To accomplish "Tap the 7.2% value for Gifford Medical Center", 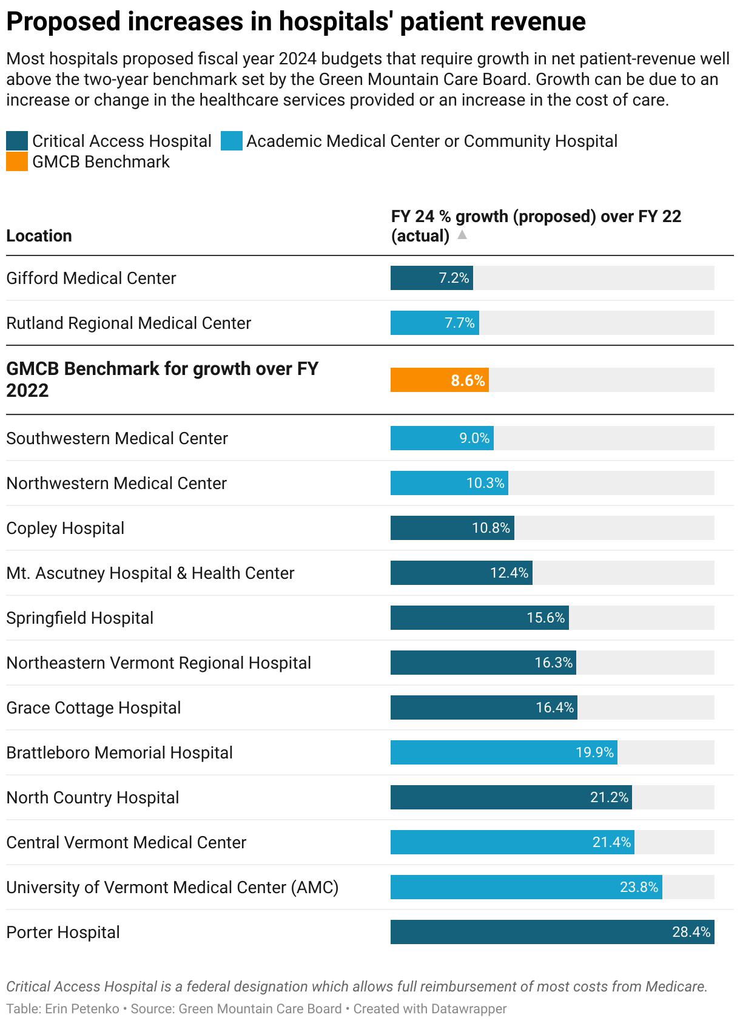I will pos(454,278).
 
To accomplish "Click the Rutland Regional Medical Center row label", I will pos(129,323).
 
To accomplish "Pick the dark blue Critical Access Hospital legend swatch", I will pos(17,141).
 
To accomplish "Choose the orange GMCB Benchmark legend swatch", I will pos(17,162).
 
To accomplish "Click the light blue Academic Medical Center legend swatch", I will pos(232,141).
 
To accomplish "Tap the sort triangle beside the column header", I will pos(462,235).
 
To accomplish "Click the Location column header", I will pos(39,236).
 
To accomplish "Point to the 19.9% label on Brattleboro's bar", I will pos(594,752).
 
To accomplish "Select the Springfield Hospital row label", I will pos(80,618).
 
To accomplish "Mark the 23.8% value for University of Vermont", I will pos(639,887).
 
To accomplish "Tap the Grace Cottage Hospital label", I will pos(93,707).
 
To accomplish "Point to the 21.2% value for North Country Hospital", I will pos(609,797).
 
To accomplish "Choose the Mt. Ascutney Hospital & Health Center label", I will pos(150,573).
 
